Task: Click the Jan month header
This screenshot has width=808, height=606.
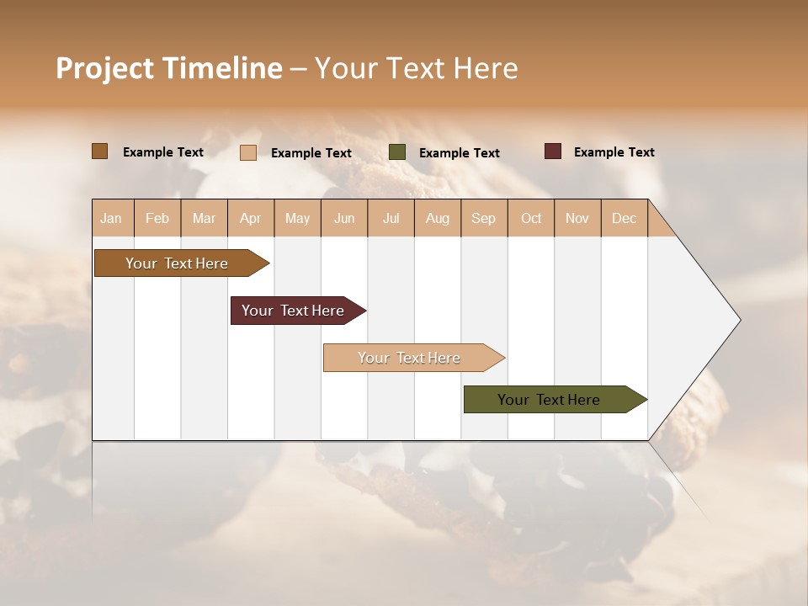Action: pyautogui.click(x=111, y=219)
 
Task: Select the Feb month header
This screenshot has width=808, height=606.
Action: pyautogui.click(x=157, y=219)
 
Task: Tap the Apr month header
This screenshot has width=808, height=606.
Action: pyautogui.click(x=250, y=219)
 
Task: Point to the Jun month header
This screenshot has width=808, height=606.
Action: pyautogui.click(x=344, y=219)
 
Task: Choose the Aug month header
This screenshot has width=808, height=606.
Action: pyautogui.click(x=437, y=219)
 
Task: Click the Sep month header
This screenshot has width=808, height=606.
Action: pyautogui.click(x=483, y=219)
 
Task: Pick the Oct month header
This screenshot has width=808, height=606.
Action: pyautogui.click(x=531, y=219)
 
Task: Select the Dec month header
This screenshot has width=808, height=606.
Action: pyautogui.click(x=624, y=219)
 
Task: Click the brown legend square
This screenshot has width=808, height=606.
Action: pyautogui.click(x=100, y=151)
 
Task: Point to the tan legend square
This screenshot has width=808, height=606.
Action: pyautogui.click(x=248, y=152)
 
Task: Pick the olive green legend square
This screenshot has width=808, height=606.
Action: pyautogui.click(x=397, y=152)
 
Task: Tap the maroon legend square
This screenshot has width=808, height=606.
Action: pyautogui.click(x=553, y=151)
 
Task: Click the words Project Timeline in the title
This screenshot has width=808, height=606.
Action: pyautogui.click(x=169, y=68)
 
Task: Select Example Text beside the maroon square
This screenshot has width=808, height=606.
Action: pyautogui.click(x=614, y=152)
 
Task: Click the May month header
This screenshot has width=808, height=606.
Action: pyautogui.click(x=297, y=219)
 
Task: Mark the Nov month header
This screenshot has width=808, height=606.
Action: pyautogui.click(x=577, y=219)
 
